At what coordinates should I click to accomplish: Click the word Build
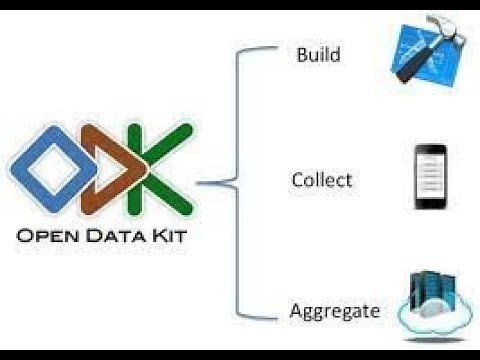click(x=318, y=54)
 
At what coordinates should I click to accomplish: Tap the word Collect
click(x=321, y=181)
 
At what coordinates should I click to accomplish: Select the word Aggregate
click(x=335, y=311)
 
